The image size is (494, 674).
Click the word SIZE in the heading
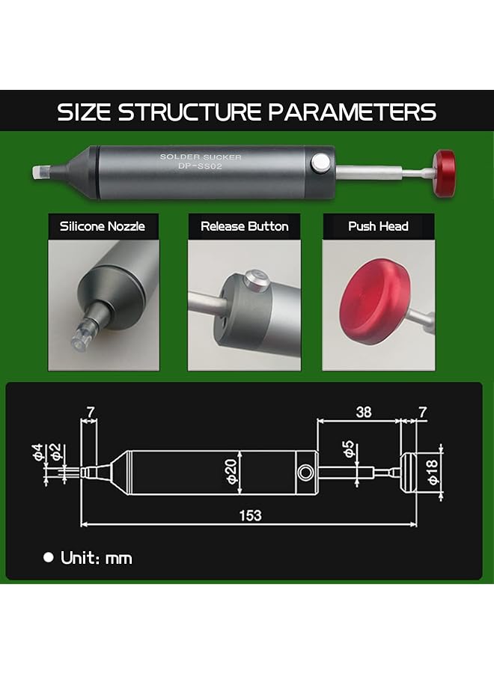click(x=83, y=112)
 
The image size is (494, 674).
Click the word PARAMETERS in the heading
click(x=353, y=112)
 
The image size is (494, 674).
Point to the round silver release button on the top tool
click(x=320, y=163)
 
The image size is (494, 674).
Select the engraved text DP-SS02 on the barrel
click(x=200, y=166)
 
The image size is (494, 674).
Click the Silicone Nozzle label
click(x=103, y=226)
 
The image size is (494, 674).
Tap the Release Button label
click(x=245, y=226)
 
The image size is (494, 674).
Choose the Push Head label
click(x=379, y=226)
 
